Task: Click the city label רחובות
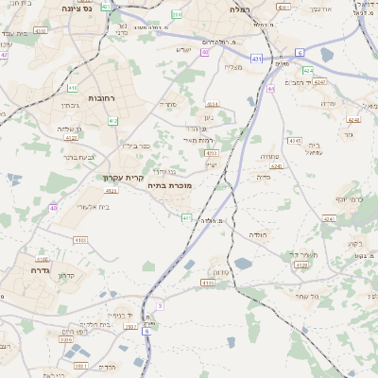click(101, 98)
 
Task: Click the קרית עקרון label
click(123, 176)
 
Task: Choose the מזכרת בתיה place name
click(169, 186)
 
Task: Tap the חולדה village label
click(259, 232)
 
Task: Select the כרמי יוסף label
click(350, 199)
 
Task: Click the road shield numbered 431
click(257, 59)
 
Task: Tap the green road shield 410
click(73, 88)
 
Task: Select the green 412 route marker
click(113, 121)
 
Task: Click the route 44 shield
click(270, 89)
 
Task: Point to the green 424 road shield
click(308, 71)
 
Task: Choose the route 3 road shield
click(161, 305)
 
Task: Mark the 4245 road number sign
click(295, 140)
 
